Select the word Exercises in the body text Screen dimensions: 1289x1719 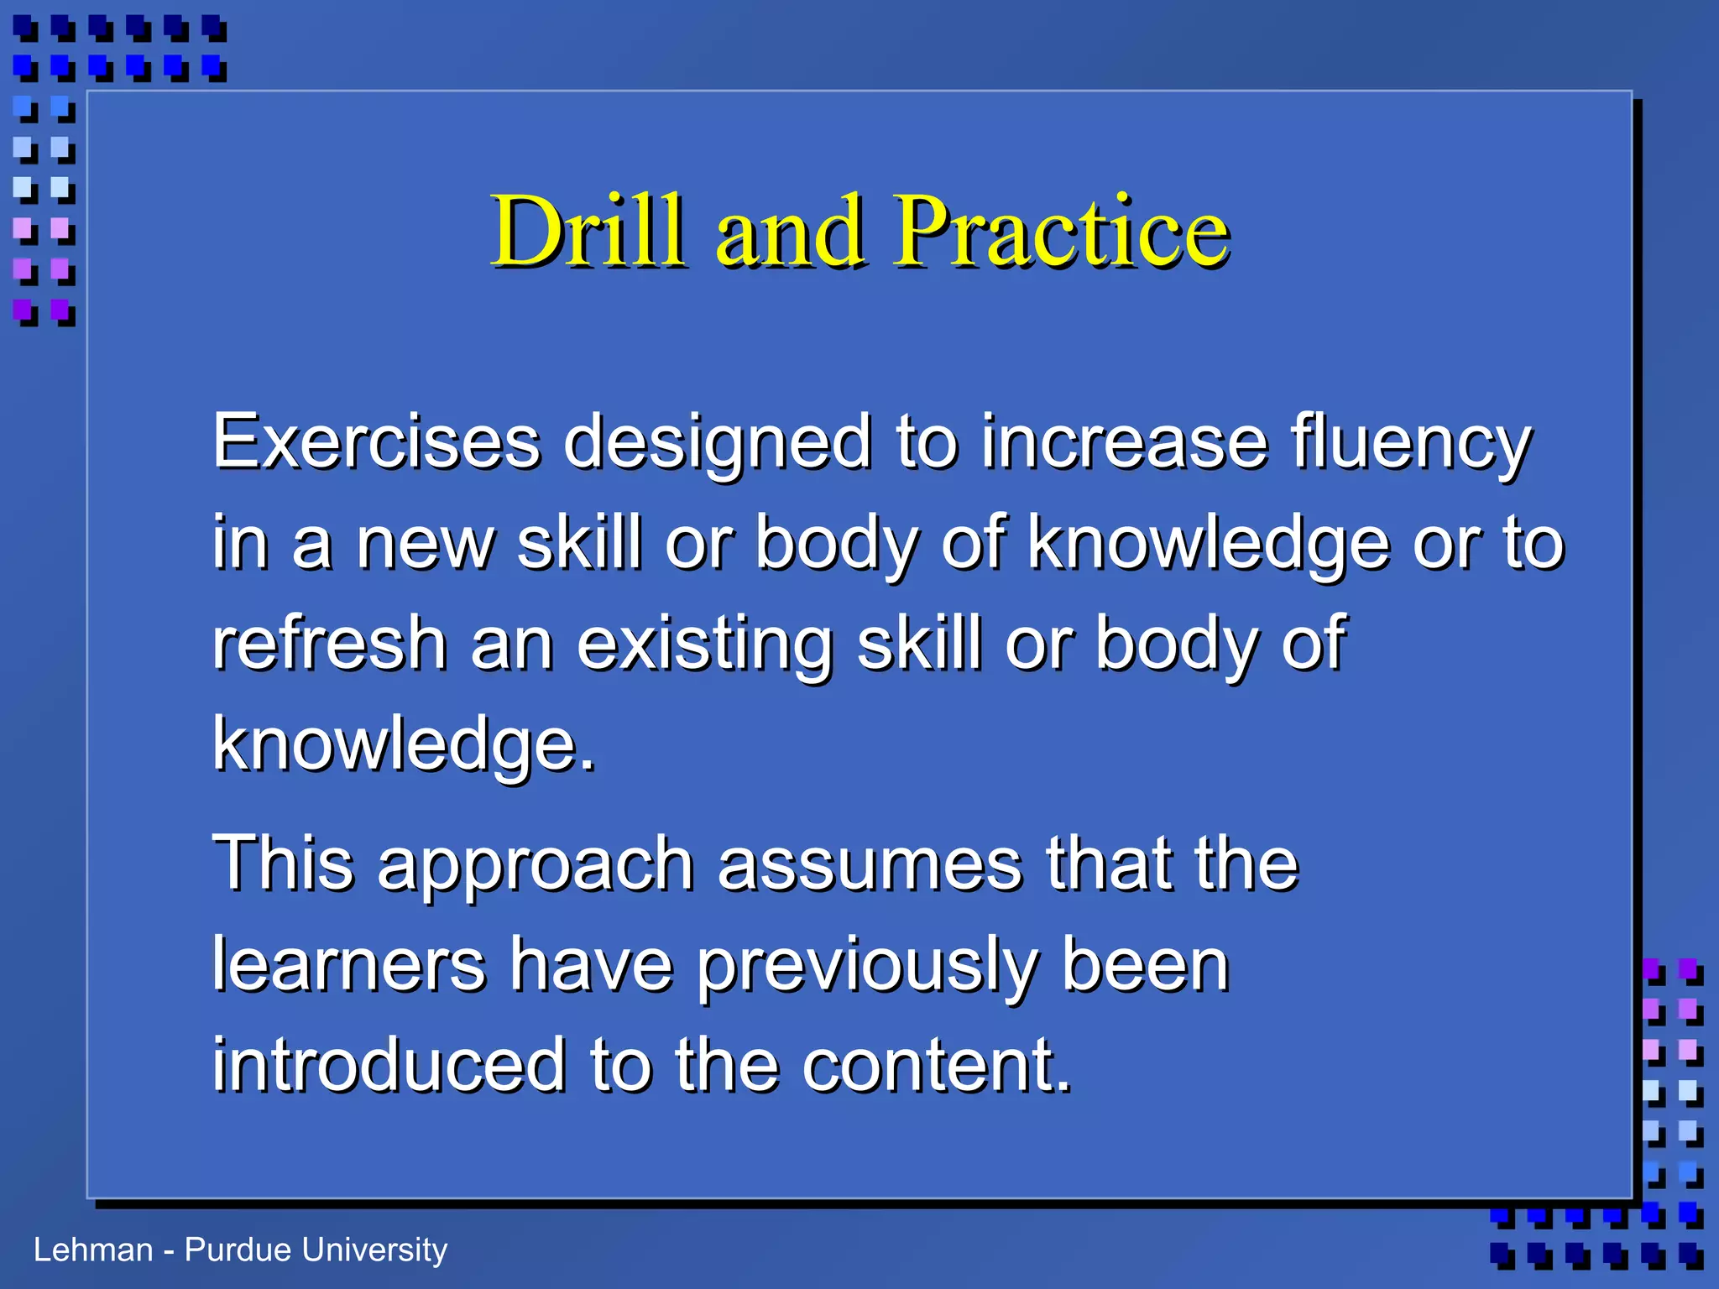tap(376, 441)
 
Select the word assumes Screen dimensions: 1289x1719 tap(870, 864)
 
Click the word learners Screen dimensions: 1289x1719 tap(349, 964)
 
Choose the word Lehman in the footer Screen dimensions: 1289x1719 tap(93, 1250)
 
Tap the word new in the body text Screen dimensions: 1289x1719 tap(426, 544)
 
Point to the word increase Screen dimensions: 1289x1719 tap(1124, 443)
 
